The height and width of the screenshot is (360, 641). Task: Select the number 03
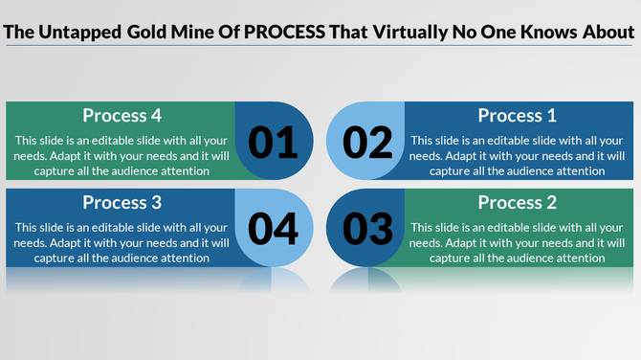(368, 229)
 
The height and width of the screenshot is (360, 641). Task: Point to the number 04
(274, 229)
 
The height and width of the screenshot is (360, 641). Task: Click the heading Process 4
(122, 116)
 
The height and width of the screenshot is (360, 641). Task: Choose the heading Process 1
(517, 116)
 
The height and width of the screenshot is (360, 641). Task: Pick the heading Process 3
(122, 203)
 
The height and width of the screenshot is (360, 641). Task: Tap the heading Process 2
(517, 203)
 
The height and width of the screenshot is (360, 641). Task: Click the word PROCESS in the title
(283, 32)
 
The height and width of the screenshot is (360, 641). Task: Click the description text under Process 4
(122, 155)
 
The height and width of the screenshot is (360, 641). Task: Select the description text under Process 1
(517, 155)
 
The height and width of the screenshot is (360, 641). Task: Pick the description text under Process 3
(122, 242)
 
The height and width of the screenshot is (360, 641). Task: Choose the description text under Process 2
(517, 242)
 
